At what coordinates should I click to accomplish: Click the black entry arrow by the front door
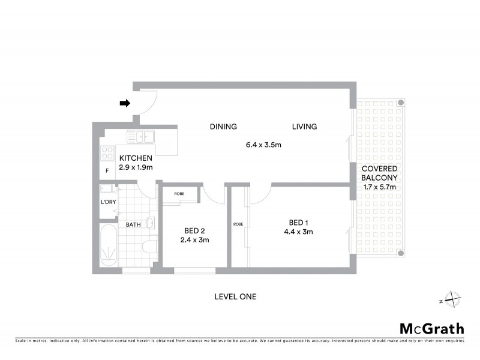(125, 103)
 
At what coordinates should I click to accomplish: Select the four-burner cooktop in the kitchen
(107, 153)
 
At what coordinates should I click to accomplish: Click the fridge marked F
(107, 170)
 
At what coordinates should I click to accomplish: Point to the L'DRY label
(108, 202)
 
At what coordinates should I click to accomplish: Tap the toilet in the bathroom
(150, 246)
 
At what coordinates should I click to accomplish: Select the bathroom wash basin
(151, 224)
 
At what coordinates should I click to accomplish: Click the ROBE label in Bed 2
(179, 194)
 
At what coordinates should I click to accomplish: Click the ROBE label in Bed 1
(237, 225)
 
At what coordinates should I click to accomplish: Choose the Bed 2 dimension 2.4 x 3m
(195, 240)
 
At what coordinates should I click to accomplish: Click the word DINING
(223, 127)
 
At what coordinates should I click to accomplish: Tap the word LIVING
(304, 127)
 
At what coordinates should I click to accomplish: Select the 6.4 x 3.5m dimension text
(263, 145)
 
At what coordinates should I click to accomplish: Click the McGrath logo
(432, 328)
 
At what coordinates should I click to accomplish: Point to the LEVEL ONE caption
(235, 296)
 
